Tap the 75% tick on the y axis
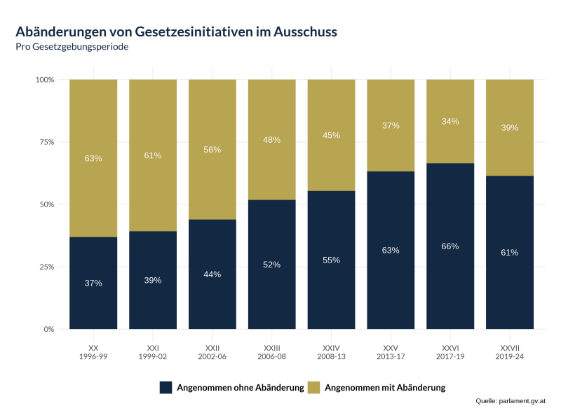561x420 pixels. click(x=45, y=142)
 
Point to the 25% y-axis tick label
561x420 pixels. click(x=45, y=267)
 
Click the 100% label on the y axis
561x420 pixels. click(x=43, y=80)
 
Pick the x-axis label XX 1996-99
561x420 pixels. click(x=93, y=352)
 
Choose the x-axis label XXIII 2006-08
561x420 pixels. click(x=271, y=352)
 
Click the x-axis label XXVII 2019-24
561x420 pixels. click(x=510, y=352)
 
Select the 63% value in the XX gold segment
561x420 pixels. click(x=93, y=158)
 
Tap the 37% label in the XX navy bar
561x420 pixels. click(x=93, y=283)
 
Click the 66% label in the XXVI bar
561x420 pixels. click(x=450, y=246)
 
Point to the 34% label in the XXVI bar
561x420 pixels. click(x=450, y=122)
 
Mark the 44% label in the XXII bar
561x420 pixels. click(x=212, y=274)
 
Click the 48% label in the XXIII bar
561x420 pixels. click(x=271, y=140)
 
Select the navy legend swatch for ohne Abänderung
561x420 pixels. click(x=166, y=387)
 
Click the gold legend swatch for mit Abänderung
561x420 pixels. click(x=316, y=387)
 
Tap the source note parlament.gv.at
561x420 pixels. click(x=510, y=401)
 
